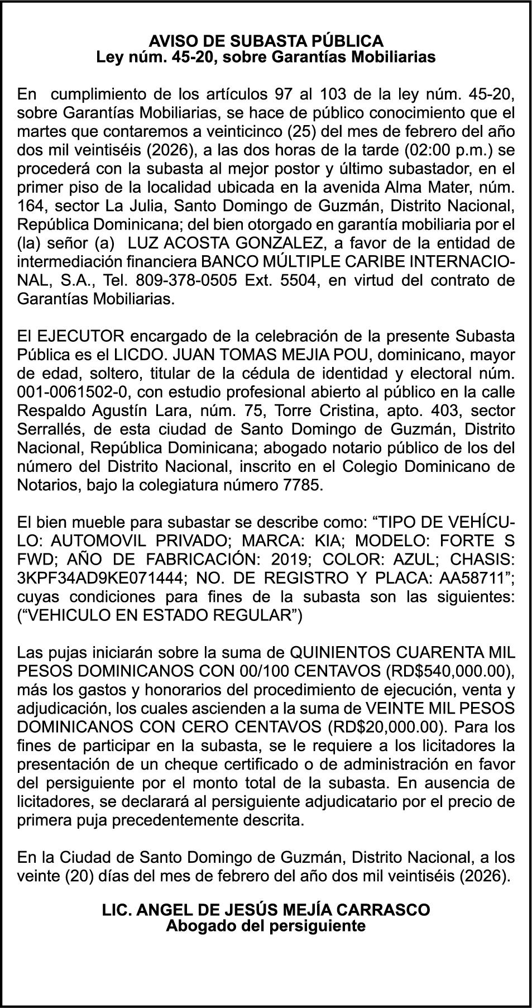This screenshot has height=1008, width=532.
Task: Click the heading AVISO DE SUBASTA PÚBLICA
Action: pyautogui.click(x=266, y=41)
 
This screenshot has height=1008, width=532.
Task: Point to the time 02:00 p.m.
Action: pyautogui.click(x=452, y=150)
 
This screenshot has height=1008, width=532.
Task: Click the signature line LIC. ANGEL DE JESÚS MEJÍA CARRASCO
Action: pyautogui.click(x=266, y=910)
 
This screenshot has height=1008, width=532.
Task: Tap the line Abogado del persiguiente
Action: pyautogui.click(x=266, y=926)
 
